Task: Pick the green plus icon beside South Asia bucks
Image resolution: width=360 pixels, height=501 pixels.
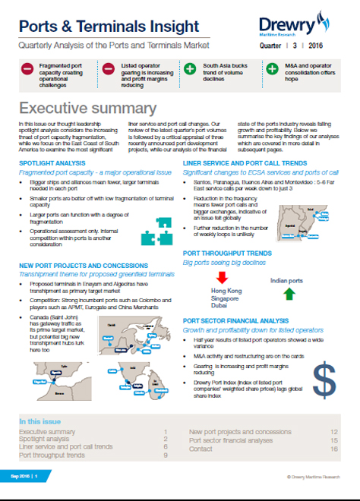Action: pos(189,71)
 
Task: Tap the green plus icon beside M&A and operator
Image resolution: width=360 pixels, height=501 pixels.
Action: pos(271,71)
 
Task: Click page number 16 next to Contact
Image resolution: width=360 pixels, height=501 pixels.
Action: pos(333,448)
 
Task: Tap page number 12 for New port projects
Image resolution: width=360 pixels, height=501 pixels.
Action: pos(333,431)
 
